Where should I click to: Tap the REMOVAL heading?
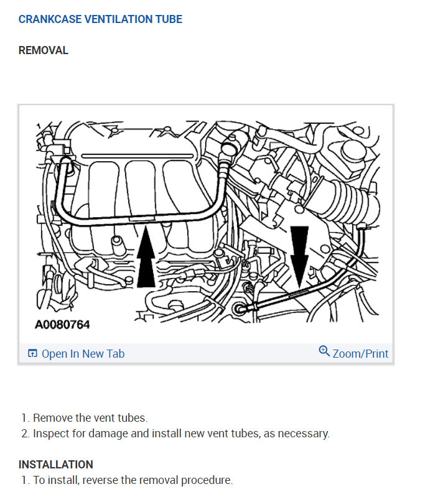(x=44, y=50)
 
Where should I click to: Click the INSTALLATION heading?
(x=56, y=465)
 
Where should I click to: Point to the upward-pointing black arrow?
(x=146, y=259)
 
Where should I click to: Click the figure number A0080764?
(x=62, y=325)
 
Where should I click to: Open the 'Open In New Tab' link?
(x=83, y=354)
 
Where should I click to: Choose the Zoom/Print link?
(x=360, y=354)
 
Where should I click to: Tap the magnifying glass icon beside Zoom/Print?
(x=324, y=351)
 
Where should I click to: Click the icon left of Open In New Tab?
(x=33, y=354)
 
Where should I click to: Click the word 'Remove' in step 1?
(x=51, y=418)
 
